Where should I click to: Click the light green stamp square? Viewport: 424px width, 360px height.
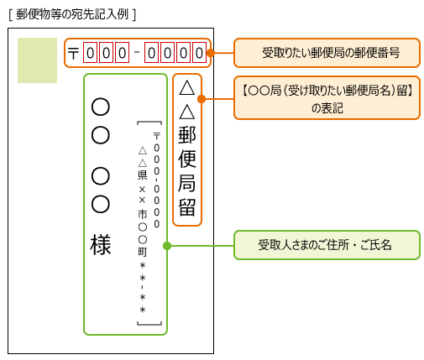(37, 60)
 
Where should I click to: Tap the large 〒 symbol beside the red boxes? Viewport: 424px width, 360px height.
(73, 54)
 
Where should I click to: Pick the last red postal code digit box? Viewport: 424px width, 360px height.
(199, 54)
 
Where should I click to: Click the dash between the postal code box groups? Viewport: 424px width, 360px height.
(136, 54)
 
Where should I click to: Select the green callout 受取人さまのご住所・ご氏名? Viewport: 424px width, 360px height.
(326, 246)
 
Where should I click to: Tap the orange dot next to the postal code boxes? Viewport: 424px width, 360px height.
(210, 53)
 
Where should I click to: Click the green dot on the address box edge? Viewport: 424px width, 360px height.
(167, 246)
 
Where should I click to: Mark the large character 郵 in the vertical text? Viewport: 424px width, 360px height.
(187, 134)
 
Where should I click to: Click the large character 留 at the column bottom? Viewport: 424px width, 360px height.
(187, 206)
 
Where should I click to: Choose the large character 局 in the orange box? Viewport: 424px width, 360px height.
(187, 183)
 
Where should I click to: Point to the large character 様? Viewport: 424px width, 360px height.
(101, 245)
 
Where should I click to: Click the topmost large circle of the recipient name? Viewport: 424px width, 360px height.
(101, 107)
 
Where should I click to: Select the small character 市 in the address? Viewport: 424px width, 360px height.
(142, 214)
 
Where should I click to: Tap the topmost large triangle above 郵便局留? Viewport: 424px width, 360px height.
(187, 87)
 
